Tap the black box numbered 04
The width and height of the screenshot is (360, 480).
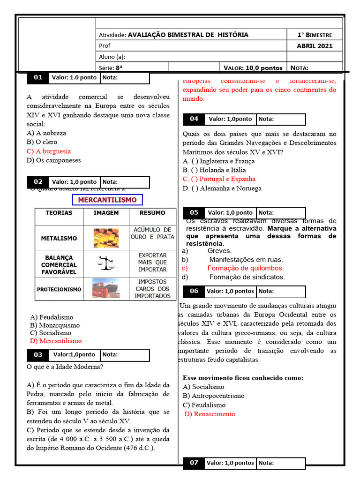click(x=194, y=120)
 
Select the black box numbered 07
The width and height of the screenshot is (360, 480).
click(x=194, y=463)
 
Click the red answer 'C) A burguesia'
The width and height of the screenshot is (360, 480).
click(x=49, y=151)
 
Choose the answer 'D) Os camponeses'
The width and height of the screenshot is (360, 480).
click(x=54, y=160)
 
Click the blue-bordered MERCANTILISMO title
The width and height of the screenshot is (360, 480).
click(x=107, y=200)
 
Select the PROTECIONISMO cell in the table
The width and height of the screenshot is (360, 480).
click(x=59, y=289)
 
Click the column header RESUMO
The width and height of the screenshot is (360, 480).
click(x=152, y=213)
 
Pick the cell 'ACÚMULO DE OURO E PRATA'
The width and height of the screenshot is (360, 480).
click(x=152, y=233)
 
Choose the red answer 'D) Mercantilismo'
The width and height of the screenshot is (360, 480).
click(x=55, y=341)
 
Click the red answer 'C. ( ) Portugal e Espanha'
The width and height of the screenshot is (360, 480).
click(x=219, y=179)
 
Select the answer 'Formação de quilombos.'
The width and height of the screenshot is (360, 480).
click(x=246, y=268)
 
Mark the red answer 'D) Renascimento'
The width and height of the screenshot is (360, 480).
click(x=210, y=414)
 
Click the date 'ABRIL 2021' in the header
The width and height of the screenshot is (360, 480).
click(x=315, y=46)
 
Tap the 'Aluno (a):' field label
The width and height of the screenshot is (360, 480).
click(x=112, y=57)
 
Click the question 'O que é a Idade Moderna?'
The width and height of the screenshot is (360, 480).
click(x=65, y=367)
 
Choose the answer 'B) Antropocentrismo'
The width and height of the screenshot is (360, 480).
click(x=213, y=396)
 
